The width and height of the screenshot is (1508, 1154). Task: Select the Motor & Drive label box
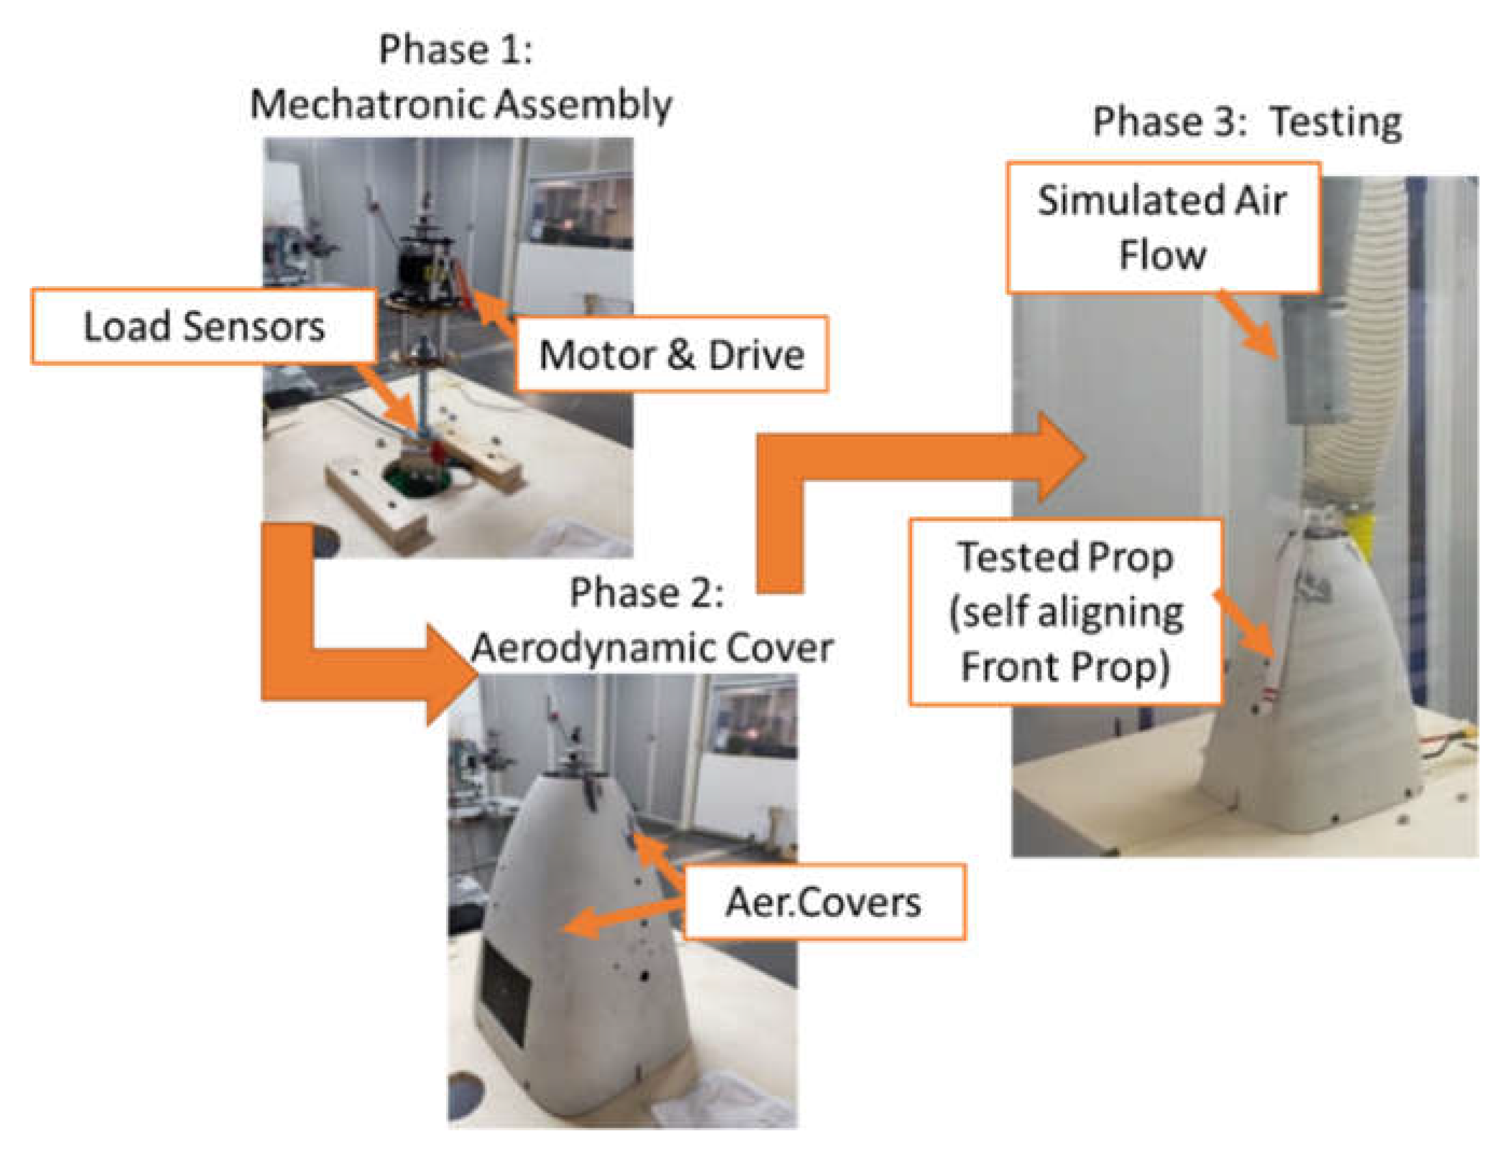pos(671,354)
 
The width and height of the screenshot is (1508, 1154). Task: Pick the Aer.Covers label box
pos(824,902)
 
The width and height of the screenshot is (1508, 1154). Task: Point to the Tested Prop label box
pos(1065,611)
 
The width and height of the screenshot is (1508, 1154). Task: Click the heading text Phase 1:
pos(455,50)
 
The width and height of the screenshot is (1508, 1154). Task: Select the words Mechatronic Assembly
pos(460,105)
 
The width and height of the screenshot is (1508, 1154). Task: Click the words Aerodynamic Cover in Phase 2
pos(652,648)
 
